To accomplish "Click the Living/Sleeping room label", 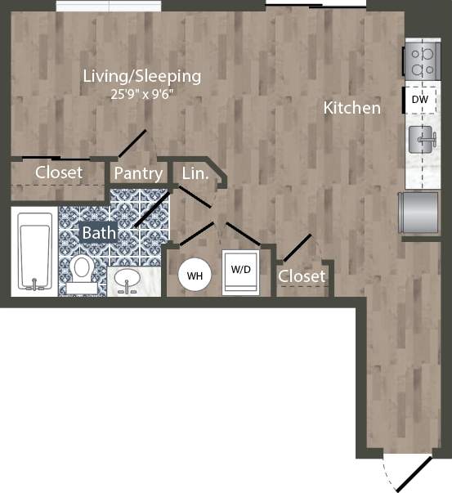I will [141, 76].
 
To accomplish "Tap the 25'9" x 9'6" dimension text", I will [141, 93].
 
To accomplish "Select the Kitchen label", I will [351, 107].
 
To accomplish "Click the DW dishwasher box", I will [418, 100].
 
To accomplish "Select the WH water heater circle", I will [195, 275].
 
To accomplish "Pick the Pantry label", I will [137, 173].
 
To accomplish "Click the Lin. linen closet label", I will [195, 173].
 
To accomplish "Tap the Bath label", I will [98, 233].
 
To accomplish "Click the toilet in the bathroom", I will [82, 270].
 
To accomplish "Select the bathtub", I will [34, 251].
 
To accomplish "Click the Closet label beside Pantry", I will [58, 173].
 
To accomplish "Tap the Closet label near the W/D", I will [302, 276].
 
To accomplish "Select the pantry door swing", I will [133, 143].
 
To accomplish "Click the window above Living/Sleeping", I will [109, 7].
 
